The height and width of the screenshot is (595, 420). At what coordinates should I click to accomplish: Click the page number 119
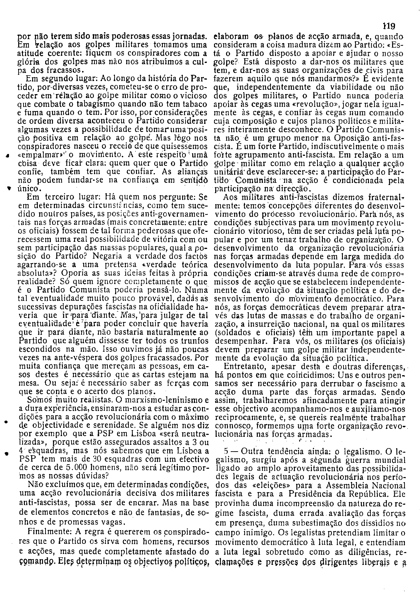point(389,26)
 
